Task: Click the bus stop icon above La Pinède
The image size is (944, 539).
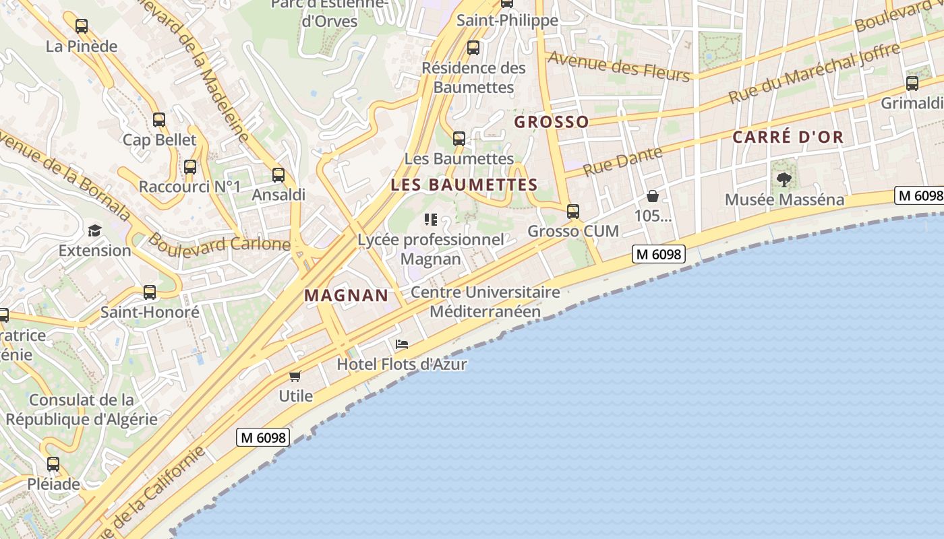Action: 82,26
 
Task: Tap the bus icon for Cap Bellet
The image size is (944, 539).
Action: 159,120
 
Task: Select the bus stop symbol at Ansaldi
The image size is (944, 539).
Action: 278,175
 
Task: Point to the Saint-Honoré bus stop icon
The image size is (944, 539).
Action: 150,292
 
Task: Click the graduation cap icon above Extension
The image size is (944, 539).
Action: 94,230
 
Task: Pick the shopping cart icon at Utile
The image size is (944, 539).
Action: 295,376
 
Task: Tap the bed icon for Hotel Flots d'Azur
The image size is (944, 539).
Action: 402,344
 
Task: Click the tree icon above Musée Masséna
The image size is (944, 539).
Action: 784,179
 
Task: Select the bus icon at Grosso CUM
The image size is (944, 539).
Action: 573,211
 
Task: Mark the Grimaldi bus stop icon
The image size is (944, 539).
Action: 912,84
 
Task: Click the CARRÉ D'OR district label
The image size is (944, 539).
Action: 788,137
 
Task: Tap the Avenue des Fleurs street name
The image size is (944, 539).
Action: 618,66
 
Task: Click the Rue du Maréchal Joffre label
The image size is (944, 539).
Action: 815,73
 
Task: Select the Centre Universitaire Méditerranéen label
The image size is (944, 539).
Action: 485,302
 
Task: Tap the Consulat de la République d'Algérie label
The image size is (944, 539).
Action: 82,410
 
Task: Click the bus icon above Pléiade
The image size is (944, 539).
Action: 53,464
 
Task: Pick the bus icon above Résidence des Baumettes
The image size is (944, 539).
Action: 473,48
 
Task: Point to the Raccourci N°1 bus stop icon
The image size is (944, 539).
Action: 190,166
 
